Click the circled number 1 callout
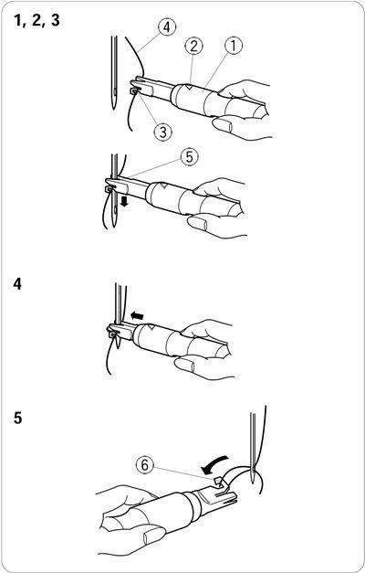[x=234, y=46]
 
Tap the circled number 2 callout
[x=193, y=46]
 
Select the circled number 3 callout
[x=162, y=132]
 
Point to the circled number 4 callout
[x=167, y=27]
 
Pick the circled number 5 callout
[x=189, y=157]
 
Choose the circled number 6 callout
[x=145, y=465]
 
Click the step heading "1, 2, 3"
[x=36, y=21]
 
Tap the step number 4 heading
[x=17, y=284]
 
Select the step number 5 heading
[x=18, y=419]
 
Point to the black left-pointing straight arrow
[x=138, y=315]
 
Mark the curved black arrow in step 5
[x=214, y=463]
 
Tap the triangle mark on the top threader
[x=189, y=87]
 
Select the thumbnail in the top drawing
[x=224, y=125]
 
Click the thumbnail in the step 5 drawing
[x=155, y=536]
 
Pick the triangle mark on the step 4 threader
[x=150, y=327]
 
